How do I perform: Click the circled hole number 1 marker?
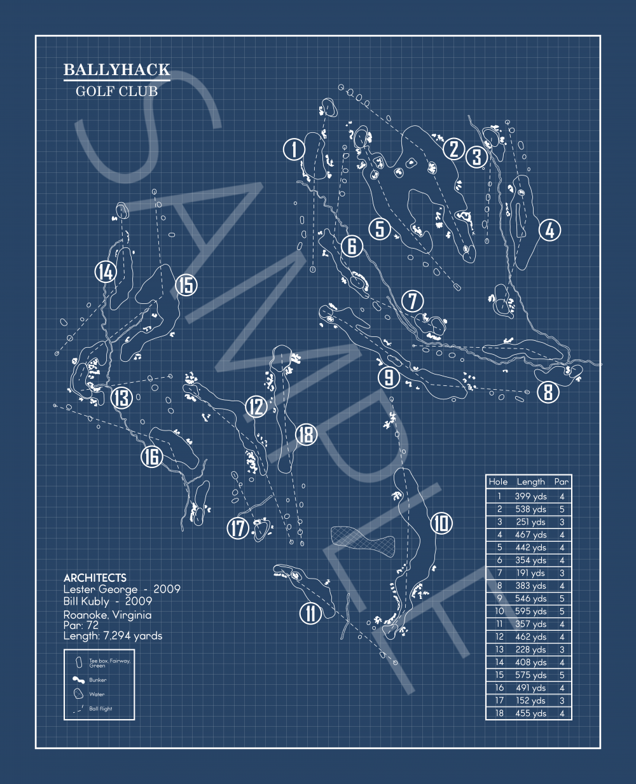294,150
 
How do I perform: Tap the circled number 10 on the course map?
441,523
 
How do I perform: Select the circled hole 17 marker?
238,528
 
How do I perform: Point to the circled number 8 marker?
548,392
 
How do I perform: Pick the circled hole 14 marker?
105,272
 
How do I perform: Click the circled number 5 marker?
380,228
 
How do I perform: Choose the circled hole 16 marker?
151,457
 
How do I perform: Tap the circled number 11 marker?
310,614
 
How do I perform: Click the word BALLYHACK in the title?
117,70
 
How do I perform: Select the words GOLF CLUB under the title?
116,92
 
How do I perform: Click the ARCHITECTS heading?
95,578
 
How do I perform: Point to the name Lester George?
100,589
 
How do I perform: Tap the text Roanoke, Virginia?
107,615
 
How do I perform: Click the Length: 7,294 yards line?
113,636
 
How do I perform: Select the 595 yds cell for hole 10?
530,611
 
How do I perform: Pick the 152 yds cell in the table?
530,701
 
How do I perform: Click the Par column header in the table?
561,482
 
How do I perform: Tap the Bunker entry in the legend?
97,680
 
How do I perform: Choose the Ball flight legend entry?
100,708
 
